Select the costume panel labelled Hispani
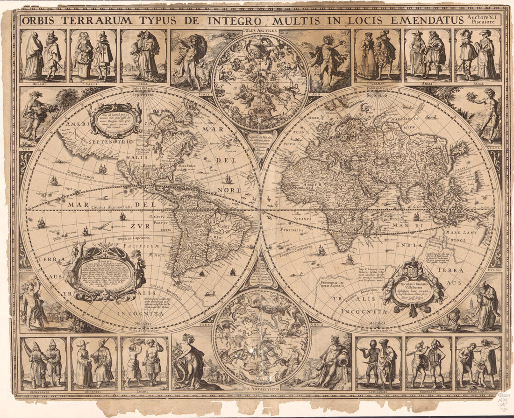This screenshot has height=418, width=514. (43, 55)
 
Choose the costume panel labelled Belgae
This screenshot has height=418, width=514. (478, 55)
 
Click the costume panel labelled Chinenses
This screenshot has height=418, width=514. (94, 363)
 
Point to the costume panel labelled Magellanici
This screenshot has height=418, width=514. (478, 363)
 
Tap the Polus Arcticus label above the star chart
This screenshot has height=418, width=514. (260, 31)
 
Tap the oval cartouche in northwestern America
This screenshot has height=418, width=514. (116, 120)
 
